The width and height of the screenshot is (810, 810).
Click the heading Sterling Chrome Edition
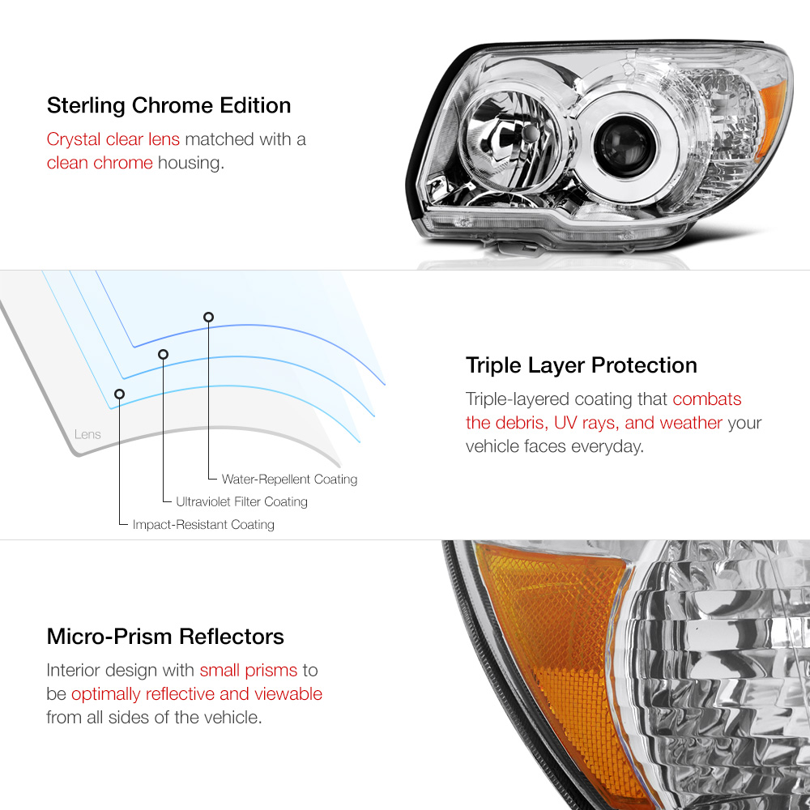tap(169, 106)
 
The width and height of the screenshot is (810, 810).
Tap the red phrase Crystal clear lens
tap(113, 139)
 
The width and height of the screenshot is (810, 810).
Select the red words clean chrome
tap(100, 163)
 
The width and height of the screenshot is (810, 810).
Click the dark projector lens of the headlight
tap(625, 146)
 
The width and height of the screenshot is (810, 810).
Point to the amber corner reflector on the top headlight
tap(772, 120)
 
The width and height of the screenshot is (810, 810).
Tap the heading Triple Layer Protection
tap(582, 365)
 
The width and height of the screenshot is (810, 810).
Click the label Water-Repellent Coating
tap(289, 480)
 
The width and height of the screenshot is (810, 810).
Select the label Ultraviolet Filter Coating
tap(241, 501)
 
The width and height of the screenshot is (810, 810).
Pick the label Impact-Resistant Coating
tap(203, 524)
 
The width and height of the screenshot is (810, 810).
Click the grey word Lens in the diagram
tap(87, 434)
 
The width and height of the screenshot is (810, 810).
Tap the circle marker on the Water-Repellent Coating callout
tap(209, 318)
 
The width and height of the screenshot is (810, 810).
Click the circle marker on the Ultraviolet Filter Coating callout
tap(164, 355)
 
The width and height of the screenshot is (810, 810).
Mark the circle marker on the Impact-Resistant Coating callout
tap(119, 394)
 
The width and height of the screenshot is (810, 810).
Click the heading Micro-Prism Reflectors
tap(165, 637)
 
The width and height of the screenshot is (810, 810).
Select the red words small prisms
tap(249, 670)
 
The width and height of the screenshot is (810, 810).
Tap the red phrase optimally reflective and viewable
tap(197, 694)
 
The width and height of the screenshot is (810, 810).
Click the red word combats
tap(707, 399)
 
